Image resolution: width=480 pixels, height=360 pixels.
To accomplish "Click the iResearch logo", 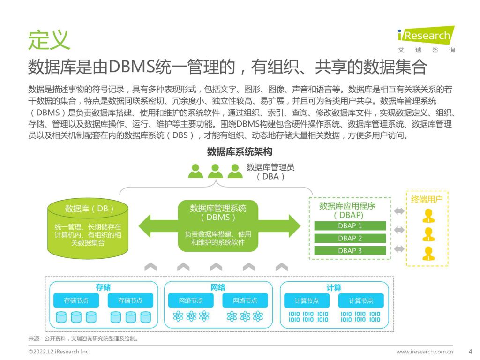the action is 427,39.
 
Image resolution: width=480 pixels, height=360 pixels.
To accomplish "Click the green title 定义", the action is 49,40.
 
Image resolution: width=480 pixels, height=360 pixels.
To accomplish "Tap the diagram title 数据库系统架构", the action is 240,151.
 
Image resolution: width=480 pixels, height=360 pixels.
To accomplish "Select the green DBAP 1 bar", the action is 350,226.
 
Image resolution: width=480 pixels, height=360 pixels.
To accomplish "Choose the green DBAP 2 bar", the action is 350,238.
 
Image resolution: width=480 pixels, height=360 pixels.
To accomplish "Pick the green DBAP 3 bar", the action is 350,251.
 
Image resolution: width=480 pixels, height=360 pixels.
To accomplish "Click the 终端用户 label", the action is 427,200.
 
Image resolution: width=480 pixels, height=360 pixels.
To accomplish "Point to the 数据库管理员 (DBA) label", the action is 270,172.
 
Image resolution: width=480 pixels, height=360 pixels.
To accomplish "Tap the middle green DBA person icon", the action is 215,171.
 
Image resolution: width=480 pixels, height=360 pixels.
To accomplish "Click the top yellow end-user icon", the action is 428,216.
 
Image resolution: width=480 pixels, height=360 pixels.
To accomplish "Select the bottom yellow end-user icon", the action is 428,254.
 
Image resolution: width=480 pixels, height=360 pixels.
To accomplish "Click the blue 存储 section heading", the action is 103,287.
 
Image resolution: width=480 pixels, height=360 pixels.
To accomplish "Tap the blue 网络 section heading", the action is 218,287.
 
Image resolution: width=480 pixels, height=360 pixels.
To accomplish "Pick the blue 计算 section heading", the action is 334,287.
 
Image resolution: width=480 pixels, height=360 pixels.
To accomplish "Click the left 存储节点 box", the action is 76,300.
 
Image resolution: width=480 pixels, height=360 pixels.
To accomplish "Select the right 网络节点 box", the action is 245,300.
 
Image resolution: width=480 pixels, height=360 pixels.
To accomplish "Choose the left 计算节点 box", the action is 307,300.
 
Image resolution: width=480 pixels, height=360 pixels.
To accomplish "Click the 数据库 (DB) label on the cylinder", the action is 89,209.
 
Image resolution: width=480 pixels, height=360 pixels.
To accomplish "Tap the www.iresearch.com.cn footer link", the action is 425,352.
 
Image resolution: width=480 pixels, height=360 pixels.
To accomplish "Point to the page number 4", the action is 471,352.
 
